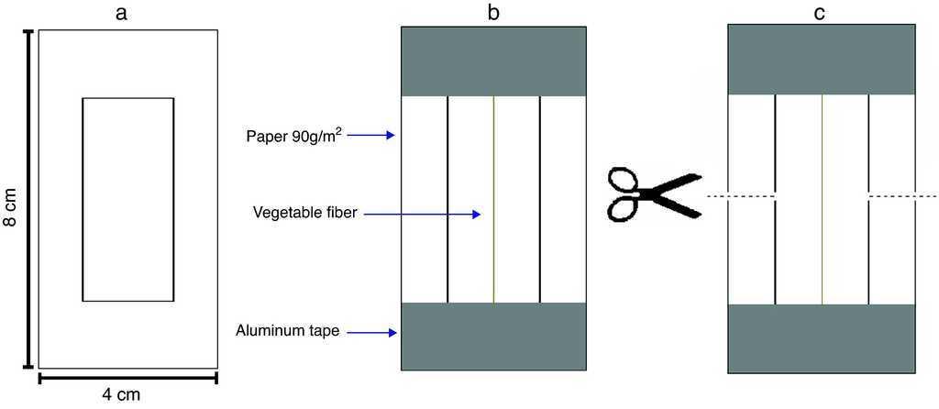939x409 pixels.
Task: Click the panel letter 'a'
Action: click(x=127, y=14)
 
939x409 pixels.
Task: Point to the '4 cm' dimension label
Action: click(x=121, y=395)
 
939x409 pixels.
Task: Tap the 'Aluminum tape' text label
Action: click(x=288, y=331)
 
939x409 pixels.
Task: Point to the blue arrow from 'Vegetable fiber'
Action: click(x=423, y=215)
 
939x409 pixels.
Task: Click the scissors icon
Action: click(x=652, y=194)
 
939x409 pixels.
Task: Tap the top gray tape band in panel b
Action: click(x=493, y=61)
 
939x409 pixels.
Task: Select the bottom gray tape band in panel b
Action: click(x=493, y=336)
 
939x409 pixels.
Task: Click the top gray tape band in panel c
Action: click(x=821, y=59)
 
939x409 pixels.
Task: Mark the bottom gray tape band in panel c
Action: click(x=821, y=337)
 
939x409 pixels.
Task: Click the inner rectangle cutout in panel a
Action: click(x=128, y=199)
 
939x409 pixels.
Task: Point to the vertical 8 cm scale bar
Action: click(x=28, y=199)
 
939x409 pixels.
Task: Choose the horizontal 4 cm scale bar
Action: click(x=127, y=376)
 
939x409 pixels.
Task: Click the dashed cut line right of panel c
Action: click(x=902, y=196)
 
